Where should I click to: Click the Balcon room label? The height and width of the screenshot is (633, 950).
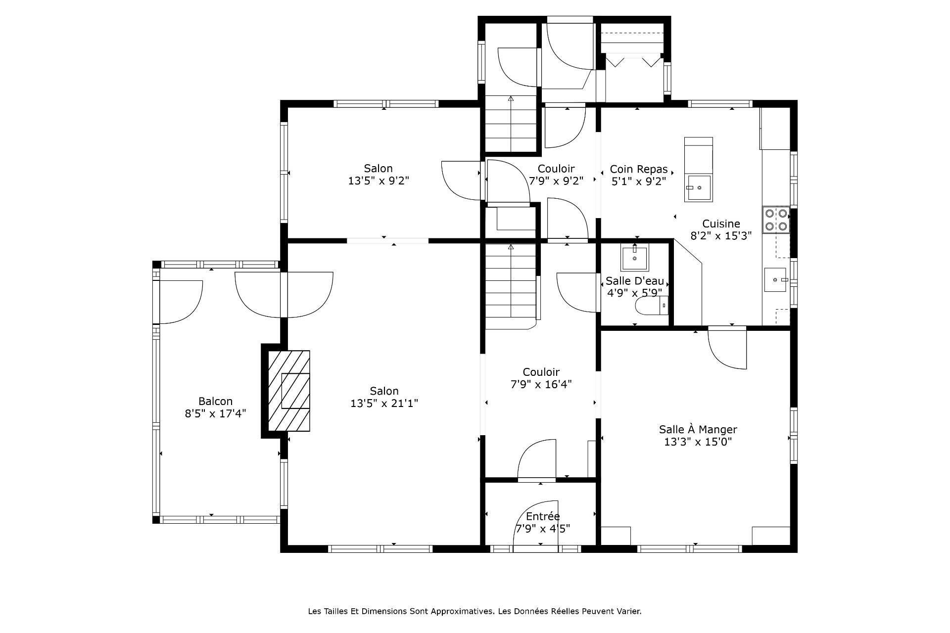[x=215, y=402]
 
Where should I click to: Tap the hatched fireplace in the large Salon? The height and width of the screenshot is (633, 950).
[x=289, y=391]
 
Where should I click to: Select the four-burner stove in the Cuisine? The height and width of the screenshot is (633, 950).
[x=776, y=220]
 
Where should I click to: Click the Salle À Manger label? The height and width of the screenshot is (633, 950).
[x=698, y=430]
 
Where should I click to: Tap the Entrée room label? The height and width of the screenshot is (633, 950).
[x=543, y=516]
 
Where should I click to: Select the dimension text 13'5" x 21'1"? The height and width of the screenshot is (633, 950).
[x=384, y=404]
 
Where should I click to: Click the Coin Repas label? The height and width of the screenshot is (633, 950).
[x=638, y=170]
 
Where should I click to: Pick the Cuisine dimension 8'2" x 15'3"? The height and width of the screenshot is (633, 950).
[x=721, y=236]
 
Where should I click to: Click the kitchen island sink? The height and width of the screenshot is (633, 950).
[x=699, y=188]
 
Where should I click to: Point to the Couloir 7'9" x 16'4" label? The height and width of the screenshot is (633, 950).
[x=541, y=378]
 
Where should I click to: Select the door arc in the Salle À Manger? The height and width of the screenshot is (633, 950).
[x=727, y=349]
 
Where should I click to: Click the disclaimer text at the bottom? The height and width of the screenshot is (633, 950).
[x=475, y=611]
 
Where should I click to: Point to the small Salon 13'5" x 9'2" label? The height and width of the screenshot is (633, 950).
[x=379, y=175]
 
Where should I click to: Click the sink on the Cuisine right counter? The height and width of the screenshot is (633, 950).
[x=776, y=280]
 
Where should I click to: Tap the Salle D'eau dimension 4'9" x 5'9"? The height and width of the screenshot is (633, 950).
[x=635, y=293]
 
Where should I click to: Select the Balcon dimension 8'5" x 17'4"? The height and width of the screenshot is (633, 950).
[x=215, y=413]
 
